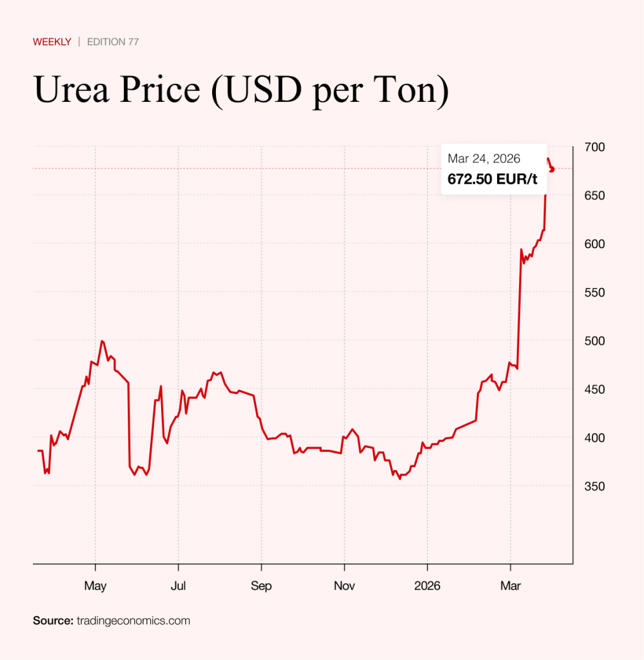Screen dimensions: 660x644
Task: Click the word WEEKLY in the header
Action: point(52,42)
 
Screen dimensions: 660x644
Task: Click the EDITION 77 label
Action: point(113,42)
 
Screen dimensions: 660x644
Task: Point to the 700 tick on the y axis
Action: point(594,147)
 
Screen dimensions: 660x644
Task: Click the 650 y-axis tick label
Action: point(594,195)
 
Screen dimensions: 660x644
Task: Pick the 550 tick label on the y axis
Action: point(594,293)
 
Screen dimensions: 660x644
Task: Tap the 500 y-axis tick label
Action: point(594,341)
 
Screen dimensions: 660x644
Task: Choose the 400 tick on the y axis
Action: point(594,438)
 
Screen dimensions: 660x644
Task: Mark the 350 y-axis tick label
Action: point(594,487)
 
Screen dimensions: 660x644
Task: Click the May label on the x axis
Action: point(95,587)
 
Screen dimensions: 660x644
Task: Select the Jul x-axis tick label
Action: point(178,587)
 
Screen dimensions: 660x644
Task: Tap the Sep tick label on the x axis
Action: point(261,587)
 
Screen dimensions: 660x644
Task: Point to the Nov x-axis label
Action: point(344,587)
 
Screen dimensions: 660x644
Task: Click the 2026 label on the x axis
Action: point(427,587)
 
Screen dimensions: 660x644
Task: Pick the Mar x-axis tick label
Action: point(511,587)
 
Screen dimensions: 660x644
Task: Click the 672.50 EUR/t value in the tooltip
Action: point(493,179)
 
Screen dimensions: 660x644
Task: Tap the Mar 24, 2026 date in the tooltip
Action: point(484,159)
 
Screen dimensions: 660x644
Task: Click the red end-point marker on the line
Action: point(552,169)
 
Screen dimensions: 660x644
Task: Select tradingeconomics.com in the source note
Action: point(133,621)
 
